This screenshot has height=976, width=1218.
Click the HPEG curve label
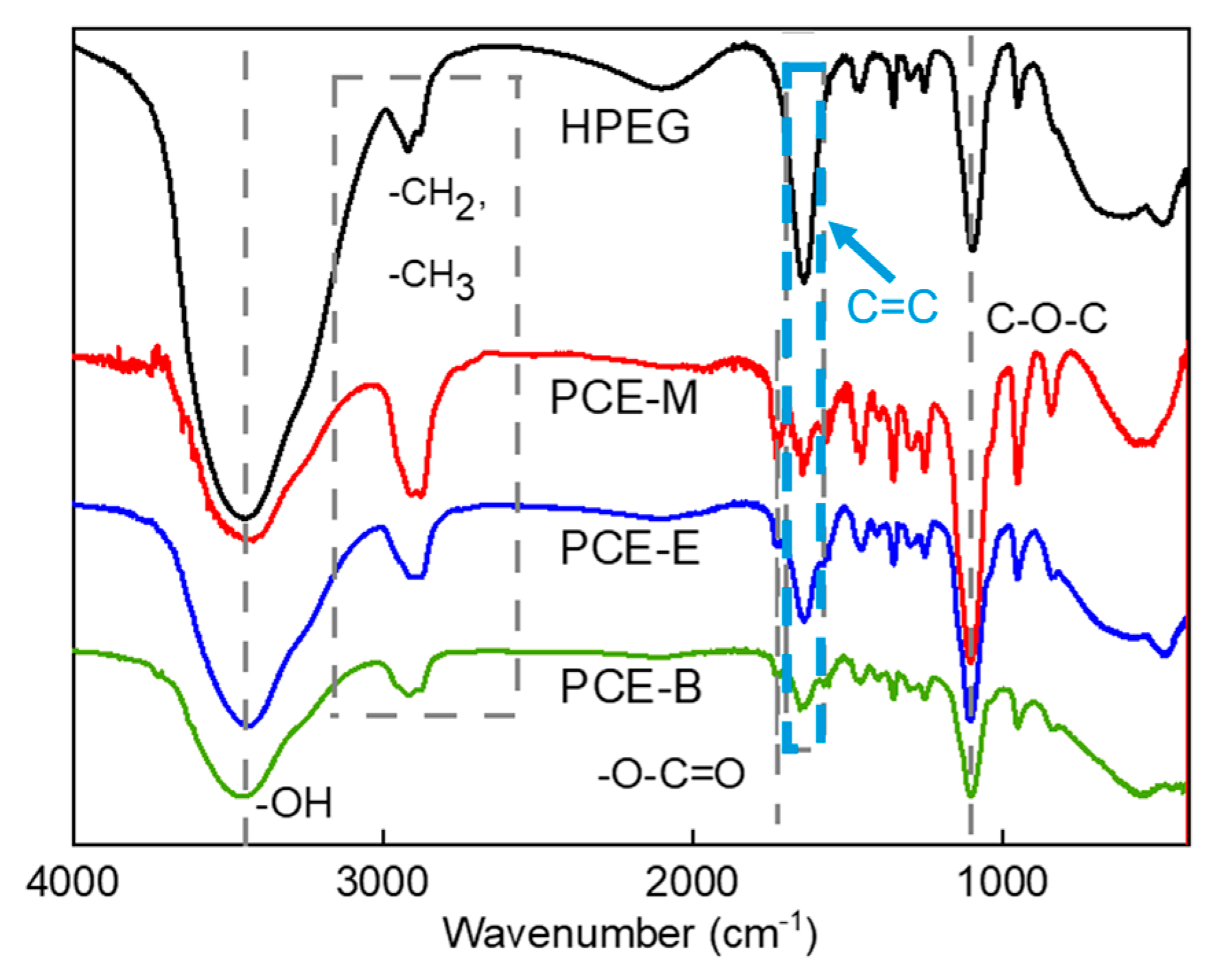624,128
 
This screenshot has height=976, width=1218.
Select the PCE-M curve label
623,398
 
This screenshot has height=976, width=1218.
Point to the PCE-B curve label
631,686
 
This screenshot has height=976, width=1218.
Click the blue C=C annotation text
891,306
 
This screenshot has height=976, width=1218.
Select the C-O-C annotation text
1046,318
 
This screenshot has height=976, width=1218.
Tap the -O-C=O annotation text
670,774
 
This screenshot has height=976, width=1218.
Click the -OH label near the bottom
294,803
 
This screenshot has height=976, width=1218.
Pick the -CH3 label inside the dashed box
431,278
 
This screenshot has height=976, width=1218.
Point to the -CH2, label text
436,197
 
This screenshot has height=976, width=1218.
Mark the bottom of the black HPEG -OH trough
245,518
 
